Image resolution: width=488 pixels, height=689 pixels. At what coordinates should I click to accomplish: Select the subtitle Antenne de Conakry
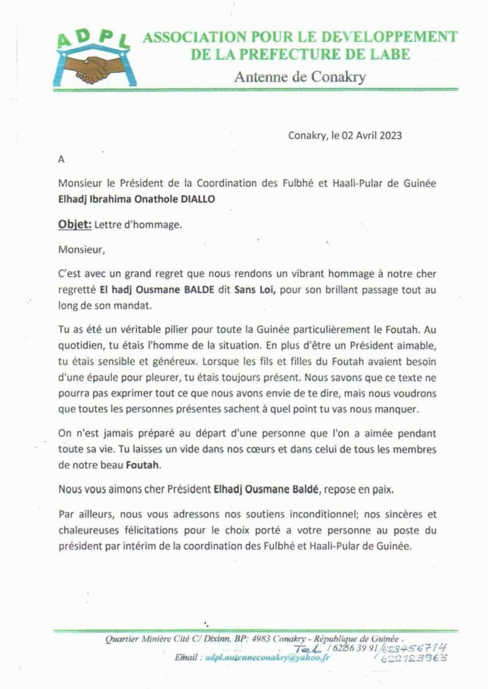[x=300, y=77]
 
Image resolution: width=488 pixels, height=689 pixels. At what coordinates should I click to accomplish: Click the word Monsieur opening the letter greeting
[x=82, y=249]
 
